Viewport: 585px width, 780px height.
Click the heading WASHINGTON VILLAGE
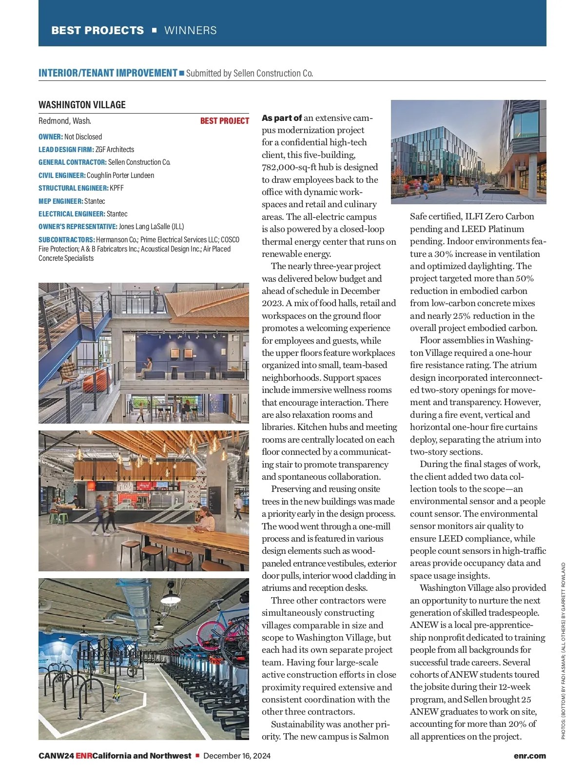click(x=82, y=105)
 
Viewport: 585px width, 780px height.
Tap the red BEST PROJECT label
click(x=224, y=121)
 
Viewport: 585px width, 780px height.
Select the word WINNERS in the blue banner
click(x=191, y=30)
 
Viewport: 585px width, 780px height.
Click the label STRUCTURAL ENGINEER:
click(x=73, y=188)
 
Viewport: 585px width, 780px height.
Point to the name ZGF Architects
click(x=115, y=150)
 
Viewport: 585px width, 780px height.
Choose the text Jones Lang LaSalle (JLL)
click(x=151, y=227)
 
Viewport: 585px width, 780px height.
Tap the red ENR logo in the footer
click(x=83, y=756)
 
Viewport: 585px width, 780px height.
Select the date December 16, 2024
click(x=237, y=756)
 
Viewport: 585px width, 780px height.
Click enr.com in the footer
click(x=529, y=756)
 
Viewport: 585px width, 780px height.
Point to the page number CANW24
click(x=56, y=756)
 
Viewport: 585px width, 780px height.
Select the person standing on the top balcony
click(x=156, y=295)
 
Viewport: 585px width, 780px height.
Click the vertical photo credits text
click(x=564, y=651)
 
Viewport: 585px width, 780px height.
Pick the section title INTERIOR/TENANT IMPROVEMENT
click(x=108, y=73)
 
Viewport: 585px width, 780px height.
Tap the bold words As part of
click(x=282, y=118)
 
